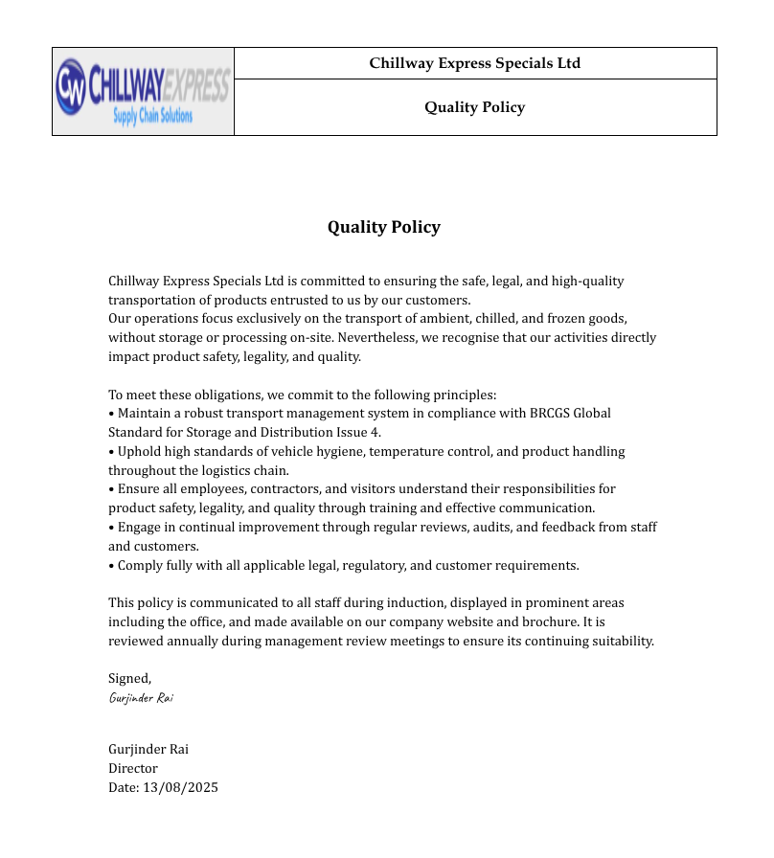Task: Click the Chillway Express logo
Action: coord(143,91)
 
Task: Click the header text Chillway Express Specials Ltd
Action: coord(475,63)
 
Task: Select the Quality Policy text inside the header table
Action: coord(475,107)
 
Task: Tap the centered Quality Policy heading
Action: coord(384,227)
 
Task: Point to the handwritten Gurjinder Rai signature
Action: coord(141,698)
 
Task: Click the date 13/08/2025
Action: coord(180,787)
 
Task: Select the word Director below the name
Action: coord(133,768)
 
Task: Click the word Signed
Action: coord(129,679)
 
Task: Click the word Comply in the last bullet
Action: coord(140,565)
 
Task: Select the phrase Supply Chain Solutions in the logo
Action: coord(153,116)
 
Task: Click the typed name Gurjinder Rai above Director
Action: coord(148,749)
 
